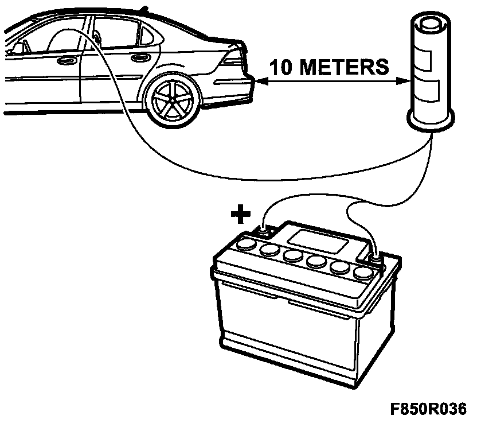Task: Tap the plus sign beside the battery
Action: (x=241, y=215)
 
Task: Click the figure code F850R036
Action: (x=429, y=410)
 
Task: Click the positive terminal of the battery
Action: (x=263, y=231)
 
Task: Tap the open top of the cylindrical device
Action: (x=432, y=26)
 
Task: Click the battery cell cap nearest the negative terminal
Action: (x=362, y=271)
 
